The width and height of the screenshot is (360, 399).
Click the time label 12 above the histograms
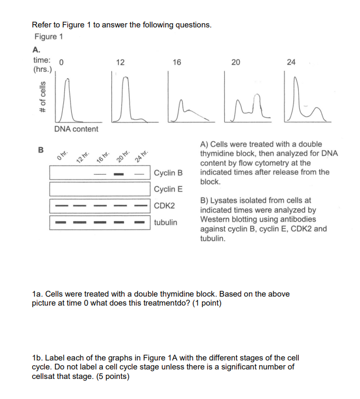click(120, 62)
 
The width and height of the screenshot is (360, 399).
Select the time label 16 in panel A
click(176, 62)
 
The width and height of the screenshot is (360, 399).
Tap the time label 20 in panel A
click(236, 62)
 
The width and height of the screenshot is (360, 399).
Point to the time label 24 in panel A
click(291, 62)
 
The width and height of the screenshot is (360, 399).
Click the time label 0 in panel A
click(62, 62)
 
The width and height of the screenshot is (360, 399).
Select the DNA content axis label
click(76, 129)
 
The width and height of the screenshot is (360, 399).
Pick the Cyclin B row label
click(168, 173)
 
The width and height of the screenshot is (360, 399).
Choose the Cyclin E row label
click(168, 189)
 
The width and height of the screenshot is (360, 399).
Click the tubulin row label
click(166, 222)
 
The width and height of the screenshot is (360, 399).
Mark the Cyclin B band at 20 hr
click(119, 174)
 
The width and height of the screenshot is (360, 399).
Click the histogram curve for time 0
click(66, 100)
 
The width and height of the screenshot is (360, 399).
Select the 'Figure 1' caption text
click(49, 36)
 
